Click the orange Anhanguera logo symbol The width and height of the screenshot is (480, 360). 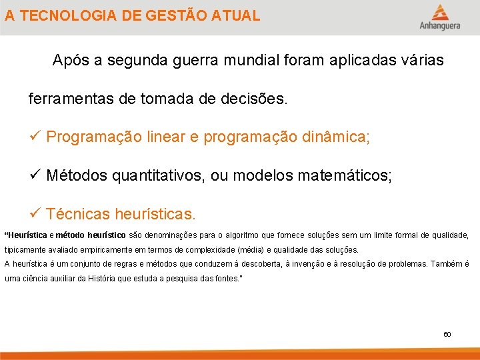point(439,13)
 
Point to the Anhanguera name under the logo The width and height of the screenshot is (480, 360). point(439,27)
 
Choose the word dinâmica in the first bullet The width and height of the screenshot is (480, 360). point(337,137)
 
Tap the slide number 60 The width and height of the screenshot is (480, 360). point(447,334)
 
